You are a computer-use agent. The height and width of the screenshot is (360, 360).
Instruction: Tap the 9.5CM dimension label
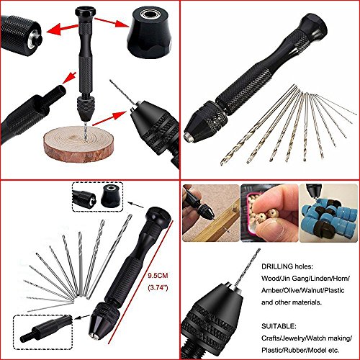[158, 275]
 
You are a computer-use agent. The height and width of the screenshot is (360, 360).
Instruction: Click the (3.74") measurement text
[158, 287]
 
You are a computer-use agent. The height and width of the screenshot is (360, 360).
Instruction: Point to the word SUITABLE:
[279, 326]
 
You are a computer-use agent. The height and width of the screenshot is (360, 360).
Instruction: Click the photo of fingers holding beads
[269, 213]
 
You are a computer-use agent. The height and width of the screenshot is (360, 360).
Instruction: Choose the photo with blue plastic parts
[328, 213]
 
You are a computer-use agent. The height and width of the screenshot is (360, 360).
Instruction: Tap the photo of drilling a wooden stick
[211, 213]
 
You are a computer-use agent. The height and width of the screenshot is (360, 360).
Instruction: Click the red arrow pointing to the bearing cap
[112, 23]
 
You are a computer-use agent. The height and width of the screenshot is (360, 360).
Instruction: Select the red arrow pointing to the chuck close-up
[109, 118]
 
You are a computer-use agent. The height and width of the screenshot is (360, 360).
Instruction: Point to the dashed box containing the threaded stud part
[42, 332]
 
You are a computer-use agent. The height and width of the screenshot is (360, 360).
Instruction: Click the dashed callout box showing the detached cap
[98, 197]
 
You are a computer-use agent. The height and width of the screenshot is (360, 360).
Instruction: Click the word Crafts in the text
[271, 338]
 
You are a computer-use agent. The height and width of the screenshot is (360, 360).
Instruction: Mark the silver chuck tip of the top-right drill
[188, 137]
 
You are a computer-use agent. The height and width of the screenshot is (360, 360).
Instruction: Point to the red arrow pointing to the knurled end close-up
[63, 28]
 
